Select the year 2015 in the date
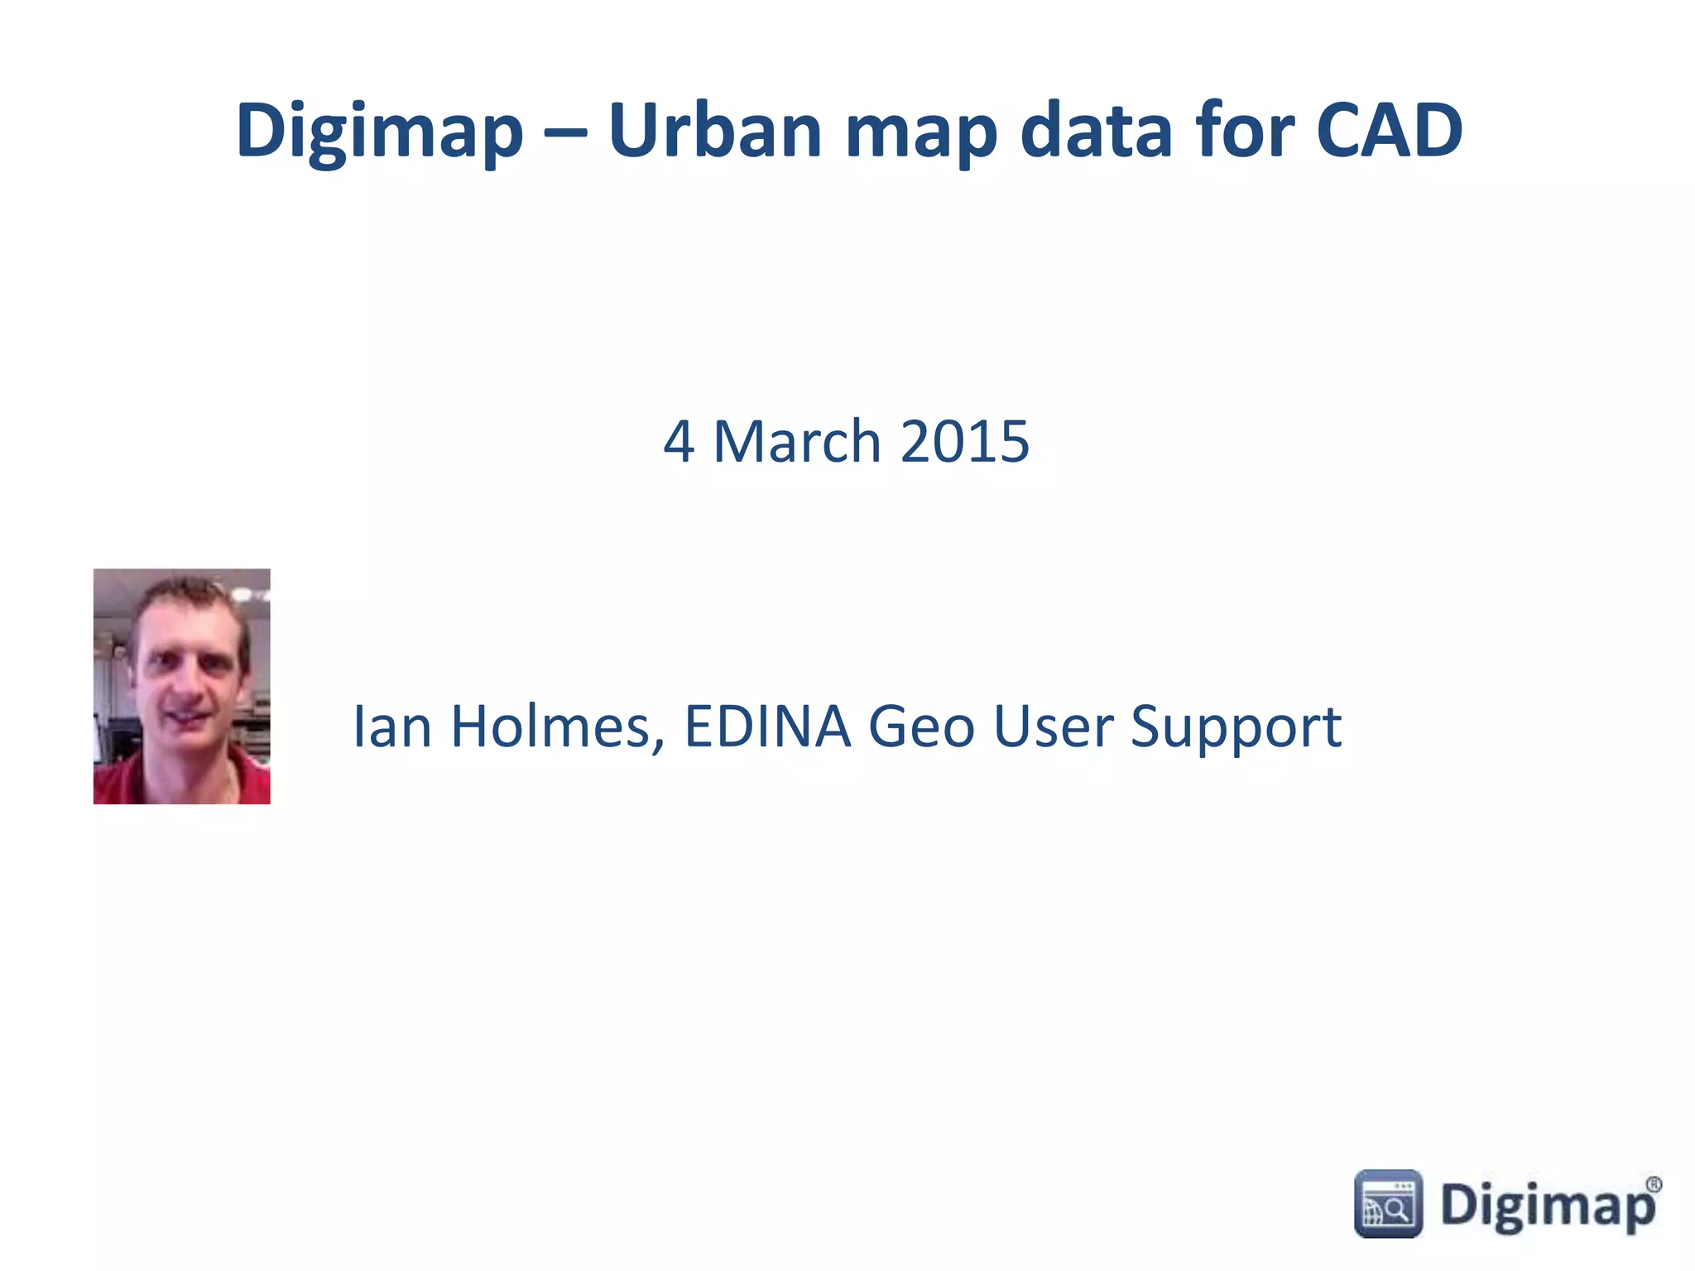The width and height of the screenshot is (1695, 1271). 964,441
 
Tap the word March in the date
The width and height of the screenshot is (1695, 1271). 796,441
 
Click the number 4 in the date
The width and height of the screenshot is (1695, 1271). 678,442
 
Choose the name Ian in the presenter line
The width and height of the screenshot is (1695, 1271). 392,727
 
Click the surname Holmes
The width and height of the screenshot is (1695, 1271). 557,727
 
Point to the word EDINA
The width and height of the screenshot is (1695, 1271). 767,727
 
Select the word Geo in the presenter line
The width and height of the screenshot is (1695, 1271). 921,727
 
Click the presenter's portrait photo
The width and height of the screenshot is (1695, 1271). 181,686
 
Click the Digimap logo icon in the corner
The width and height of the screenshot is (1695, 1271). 1388,1204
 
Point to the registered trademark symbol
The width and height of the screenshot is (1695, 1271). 1653,1184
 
